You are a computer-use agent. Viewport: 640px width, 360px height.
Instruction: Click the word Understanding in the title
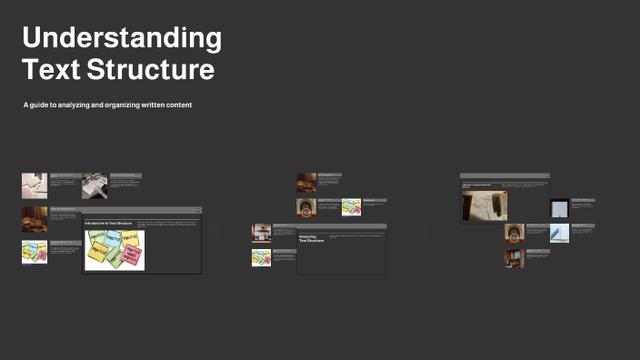point(121,38)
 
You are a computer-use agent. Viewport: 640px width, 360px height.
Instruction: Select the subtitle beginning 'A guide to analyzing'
point(107,105)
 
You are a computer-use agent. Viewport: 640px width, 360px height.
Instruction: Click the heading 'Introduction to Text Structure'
point(108,223)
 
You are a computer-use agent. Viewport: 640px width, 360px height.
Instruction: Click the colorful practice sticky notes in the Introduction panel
point(115,249)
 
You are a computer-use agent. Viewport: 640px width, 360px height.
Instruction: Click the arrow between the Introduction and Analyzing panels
point(216,233)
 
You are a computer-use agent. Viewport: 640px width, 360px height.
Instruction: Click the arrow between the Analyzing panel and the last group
point(423,233)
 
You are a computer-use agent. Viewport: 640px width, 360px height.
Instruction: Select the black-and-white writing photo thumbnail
point(95,185)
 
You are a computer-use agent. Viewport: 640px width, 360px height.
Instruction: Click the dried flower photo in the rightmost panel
point(485,205)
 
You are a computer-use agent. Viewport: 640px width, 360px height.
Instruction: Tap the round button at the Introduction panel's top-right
point(197,210)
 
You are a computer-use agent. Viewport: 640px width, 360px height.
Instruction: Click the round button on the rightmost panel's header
point(546,175)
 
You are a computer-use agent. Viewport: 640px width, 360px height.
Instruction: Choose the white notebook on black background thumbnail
point(559,208)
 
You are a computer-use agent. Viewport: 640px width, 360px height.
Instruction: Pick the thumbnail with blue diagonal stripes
point(559,233)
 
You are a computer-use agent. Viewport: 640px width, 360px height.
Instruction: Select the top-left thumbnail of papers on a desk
point(35,185)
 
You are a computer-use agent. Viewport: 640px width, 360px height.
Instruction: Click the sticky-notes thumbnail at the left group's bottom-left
point(35,252)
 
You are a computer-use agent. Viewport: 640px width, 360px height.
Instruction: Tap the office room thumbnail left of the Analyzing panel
point(261,233)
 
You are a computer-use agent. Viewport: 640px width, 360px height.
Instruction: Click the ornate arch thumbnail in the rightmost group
point(515,233)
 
